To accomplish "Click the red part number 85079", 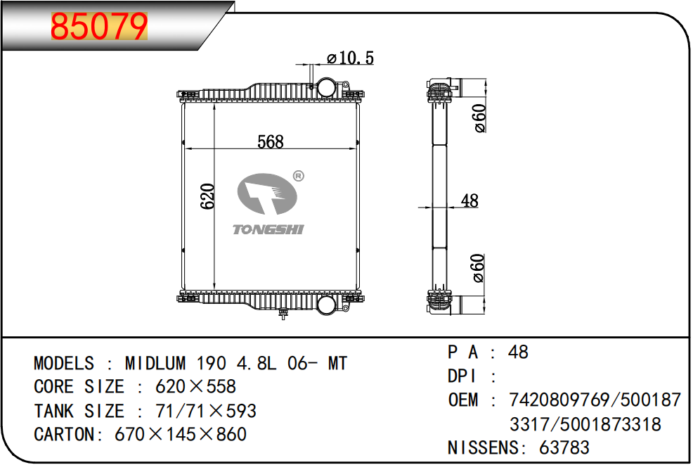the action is (x=99, y=26).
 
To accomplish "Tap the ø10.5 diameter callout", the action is (x=350, y=58).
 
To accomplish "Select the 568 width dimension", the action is (x=271, y=141).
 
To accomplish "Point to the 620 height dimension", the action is (x=207, y=196).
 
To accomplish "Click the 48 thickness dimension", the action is (x=469, y=200).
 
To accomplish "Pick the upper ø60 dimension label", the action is (x=479, y=118).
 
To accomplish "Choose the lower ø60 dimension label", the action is (x=479, y=268).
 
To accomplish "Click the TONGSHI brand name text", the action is (x=268, y=229).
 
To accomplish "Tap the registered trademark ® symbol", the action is (x=299, y=176).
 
